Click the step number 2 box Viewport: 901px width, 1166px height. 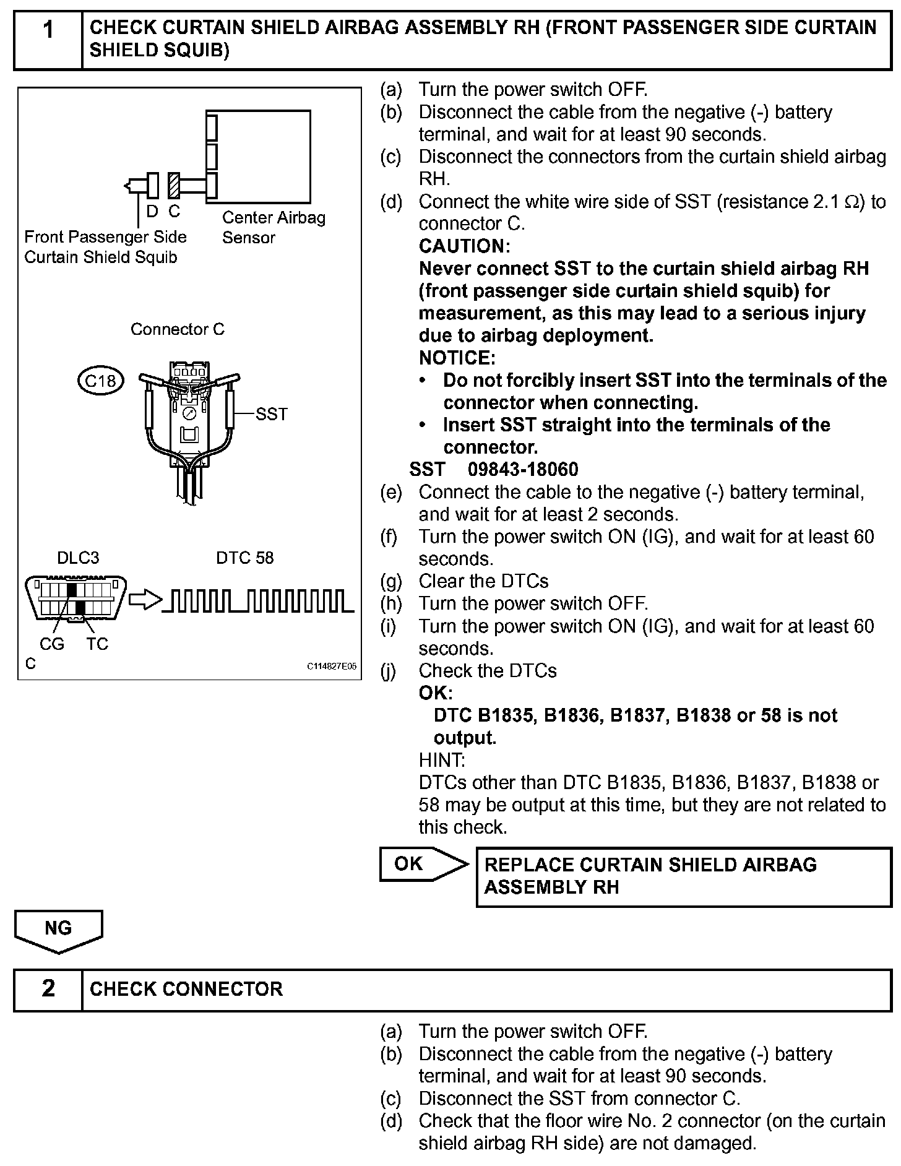pos(48,988)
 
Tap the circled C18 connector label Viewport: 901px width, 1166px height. pos(100,381)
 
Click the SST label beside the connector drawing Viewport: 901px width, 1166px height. pos(271,414)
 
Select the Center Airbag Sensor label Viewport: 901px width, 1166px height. pos(273,227)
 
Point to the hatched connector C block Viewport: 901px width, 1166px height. pos(174,185)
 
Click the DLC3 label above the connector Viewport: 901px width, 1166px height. pos(78,558)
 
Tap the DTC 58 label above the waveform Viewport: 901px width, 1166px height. pos(244,558)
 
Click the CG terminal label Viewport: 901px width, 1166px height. pos(52,644)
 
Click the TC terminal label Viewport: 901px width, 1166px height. pos(97,644)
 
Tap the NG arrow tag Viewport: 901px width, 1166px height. pos(59,929)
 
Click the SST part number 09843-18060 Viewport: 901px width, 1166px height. pos(523,470)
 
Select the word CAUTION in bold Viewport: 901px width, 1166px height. pos(464,246)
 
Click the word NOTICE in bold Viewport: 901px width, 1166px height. pos(457,358)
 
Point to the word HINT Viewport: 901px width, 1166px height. pos(442,760)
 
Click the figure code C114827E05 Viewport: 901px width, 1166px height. pos(332,667)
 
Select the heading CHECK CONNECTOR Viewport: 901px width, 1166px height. pos(186,989)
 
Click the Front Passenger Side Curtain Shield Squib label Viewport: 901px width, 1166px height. pos(105,247)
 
